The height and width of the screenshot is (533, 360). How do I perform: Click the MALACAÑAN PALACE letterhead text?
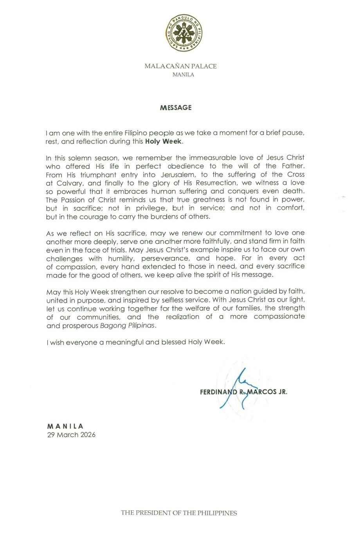[x=180, y=66]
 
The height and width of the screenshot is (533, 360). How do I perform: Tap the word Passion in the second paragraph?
[x=77, y=199]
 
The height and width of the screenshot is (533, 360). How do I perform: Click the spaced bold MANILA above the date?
[x=65, y=426]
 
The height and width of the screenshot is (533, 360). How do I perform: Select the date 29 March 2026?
[x=71, y=434]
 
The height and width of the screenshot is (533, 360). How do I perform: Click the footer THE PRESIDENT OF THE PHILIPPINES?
[x=179, y=513]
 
